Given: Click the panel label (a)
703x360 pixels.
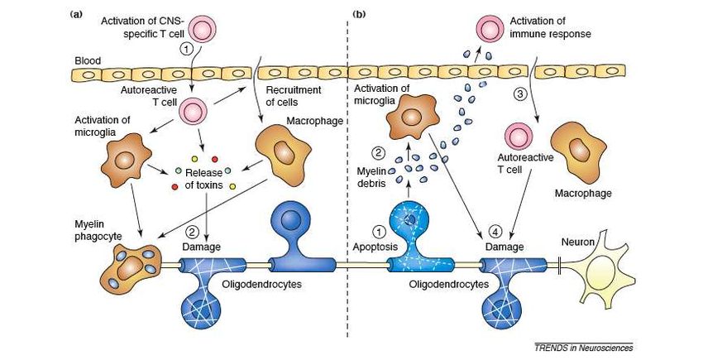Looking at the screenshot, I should tap(76, 14).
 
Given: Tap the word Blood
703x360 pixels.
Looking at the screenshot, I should tap(88, 60).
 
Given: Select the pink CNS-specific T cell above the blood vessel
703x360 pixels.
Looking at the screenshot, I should tap(201, 29).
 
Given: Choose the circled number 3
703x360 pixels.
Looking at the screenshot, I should tap(519, 95).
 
